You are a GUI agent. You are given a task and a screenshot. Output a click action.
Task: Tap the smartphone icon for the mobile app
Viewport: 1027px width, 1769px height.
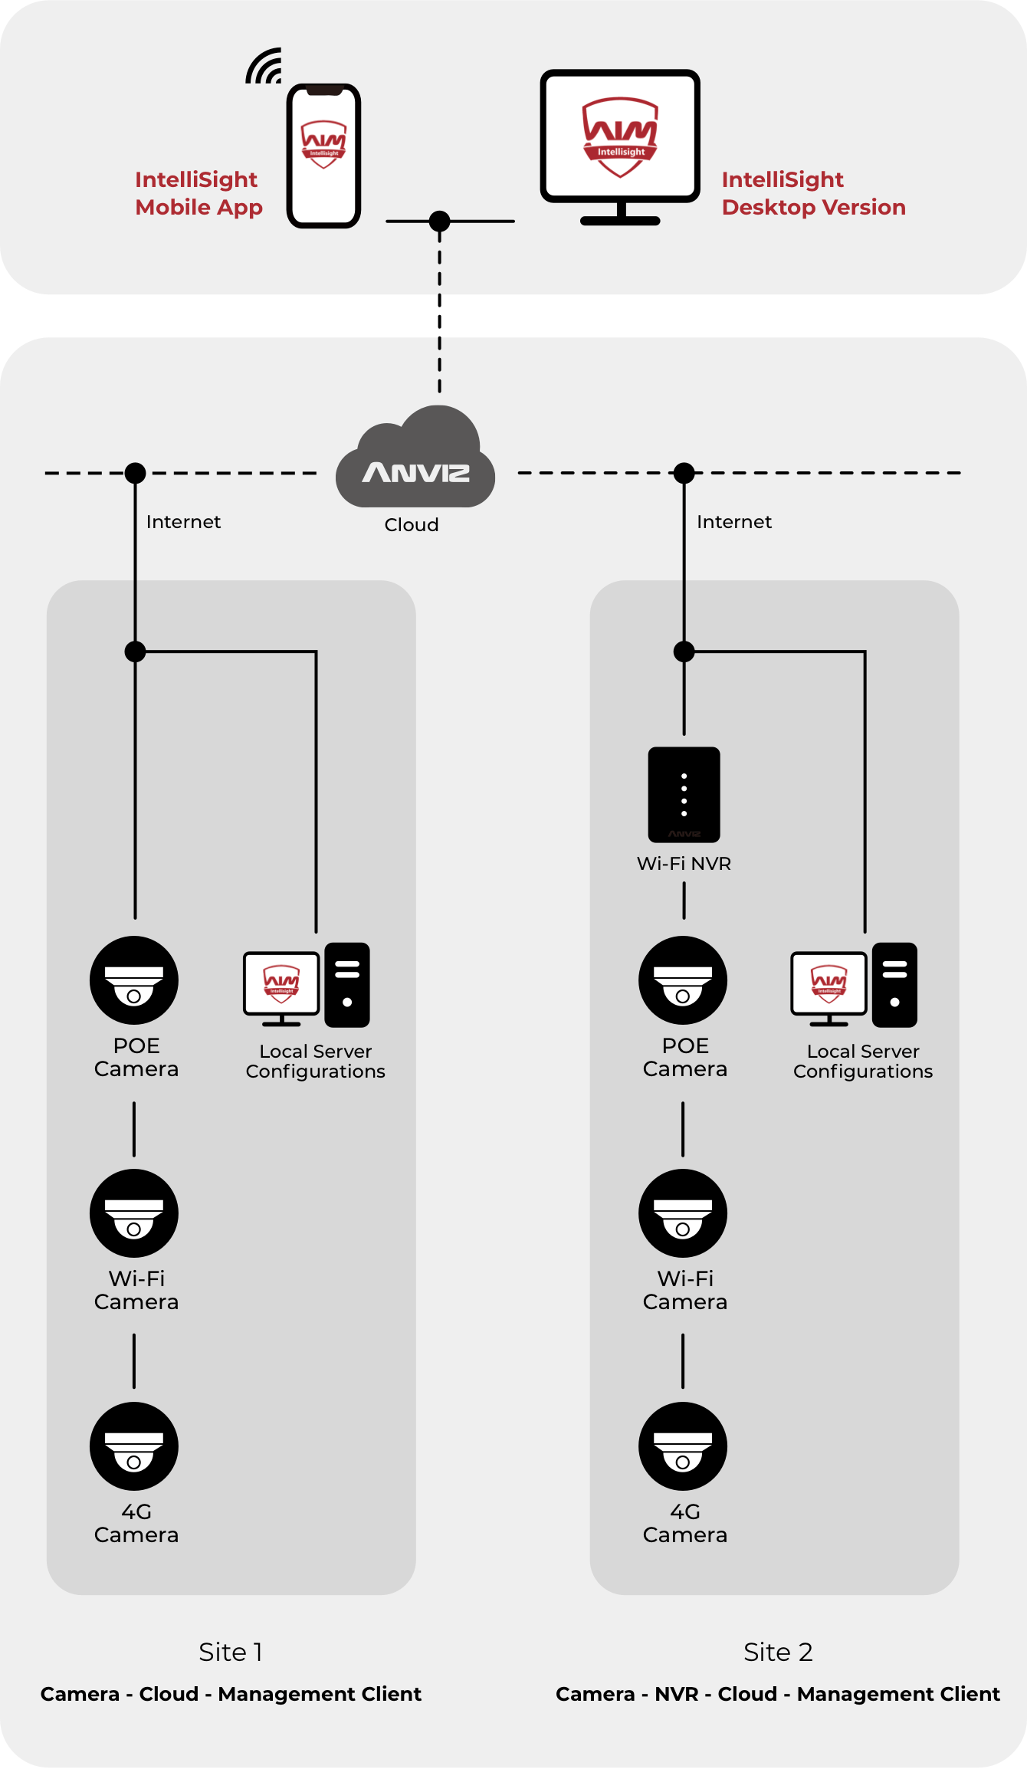coord(323,156)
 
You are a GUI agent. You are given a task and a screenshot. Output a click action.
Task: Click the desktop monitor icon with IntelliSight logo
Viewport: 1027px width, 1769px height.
coord(620,138)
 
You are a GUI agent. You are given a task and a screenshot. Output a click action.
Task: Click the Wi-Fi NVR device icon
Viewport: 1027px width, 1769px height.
coord(684,795)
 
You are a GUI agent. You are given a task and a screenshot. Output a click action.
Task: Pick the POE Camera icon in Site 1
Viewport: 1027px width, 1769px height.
coord(134,980)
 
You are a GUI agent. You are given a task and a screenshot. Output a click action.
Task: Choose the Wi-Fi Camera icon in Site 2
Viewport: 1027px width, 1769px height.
coord(683,1213)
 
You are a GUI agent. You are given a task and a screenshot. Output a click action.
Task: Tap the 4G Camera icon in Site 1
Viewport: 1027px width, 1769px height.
coord(134,1446)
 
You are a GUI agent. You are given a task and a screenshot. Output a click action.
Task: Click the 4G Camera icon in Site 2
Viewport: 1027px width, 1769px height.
coord(683,1446)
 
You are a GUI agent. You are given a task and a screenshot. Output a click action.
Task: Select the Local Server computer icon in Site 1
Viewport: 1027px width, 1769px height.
coord(282,986)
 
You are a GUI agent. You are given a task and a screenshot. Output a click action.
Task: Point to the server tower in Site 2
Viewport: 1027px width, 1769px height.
coord(894,985)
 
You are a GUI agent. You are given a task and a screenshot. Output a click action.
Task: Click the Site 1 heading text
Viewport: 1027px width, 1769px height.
coord(231,1652)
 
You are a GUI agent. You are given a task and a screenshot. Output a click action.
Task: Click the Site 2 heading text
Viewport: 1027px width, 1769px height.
coord(778,1652)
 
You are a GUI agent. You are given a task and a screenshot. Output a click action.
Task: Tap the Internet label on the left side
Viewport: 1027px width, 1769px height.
coord(183,522)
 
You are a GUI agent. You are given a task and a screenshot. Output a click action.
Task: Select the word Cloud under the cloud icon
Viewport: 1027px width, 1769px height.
coord(412,525)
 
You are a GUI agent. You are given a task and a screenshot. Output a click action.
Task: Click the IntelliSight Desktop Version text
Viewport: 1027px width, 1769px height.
coord(813,193)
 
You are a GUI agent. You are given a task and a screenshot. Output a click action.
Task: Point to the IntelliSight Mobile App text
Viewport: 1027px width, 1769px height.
coord(199,193)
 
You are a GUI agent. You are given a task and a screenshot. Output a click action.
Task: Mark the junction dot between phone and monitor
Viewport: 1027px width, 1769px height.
coord(439,222)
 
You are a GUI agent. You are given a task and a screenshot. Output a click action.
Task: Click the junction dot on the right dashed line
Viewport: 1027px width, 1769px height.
coord(684,473)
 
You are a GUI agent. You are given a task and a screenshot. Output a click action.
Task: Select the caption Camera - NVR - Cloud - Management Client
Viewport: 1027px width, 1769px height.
coord(778,1694)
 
